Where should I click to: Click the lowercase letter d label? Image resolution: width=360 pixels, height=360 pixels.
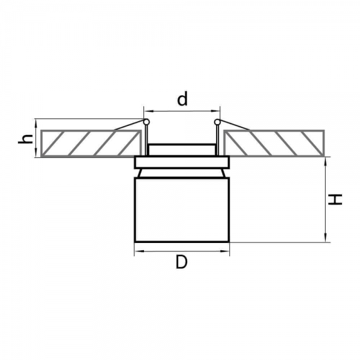pyautogui.click(x=182, y=99)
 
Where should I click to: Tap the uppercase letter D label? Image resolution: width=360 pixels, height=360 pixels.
pyautogui.click(x=182, y=262)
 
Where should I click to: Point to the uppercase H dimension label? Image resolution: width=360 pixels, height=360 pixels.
pyautogui.click(x=335, y=199)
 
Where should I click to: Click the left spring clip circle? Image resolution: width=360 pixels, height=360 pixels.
pyautogui.click(x=146, y=121)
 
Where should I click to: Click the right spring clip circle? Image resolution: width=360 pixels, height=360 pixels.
pyautogui.click(x=217, y=122)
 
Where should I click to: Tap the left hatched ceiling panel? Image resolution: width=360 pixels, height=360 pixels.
pyautogui.click(x=91, y=143)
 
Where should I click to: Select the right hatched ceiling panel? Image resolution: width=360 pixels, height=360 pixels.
pyautogui.click(x=274, y=143)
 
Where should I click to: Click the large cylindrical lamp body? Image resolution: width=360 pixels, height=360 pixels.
pyautogui.click(x=182, y=210)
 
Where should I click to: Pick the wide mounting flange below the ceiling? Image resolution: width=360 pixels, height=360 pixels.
pyautogui.click(x=182, y=163)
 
